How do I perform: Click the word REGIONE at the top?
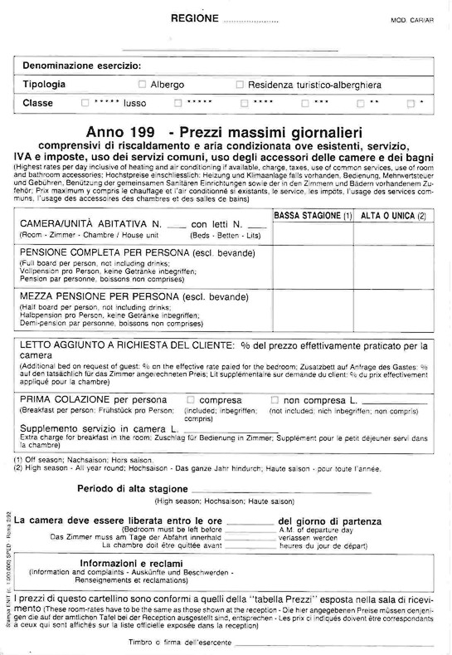[195, 18]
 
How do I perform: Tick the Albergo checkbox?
[142, 85]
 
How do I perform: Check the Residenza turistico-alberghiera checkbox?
[240, 85]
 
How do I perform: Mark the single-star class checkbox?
[411, 104]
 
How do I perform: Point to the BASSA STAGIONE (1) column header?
[313, 216]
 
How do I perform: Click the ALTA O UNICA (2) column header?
[394, 216]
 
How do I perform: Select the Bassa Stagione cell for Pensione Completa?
[313, 266]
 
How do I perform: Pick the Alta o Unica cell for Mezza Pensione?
[394, 309]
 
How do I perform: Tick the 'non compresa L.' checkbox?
[275, 399]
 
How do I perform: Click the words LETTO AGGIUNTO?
[61, 345]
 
